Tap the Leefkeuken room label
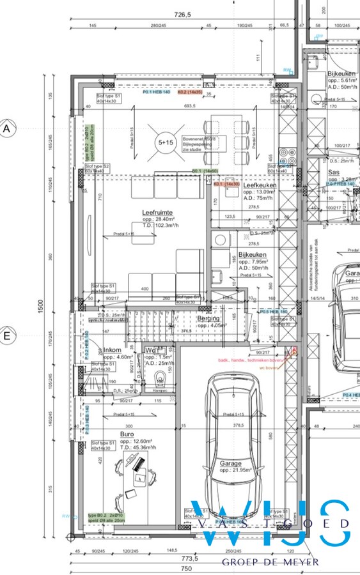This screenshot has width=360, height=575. point(260,185)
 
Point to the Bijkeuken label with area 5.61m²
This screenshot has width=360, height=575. point(341,74)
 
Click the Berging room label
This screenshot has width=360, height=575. point(208,318)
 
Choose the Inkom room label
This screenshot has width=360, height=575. point(113,350)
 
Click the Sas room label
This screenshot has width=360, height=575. point(333,172)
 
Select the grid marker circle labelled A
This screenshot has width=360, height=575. point(8,128)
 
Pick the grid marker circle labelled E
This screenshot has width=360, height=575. point(8,335)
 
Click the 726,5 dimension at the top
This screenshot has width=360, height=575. point(184,13)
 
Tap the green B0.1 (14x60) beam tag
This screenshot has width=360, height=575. point(205,171)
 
